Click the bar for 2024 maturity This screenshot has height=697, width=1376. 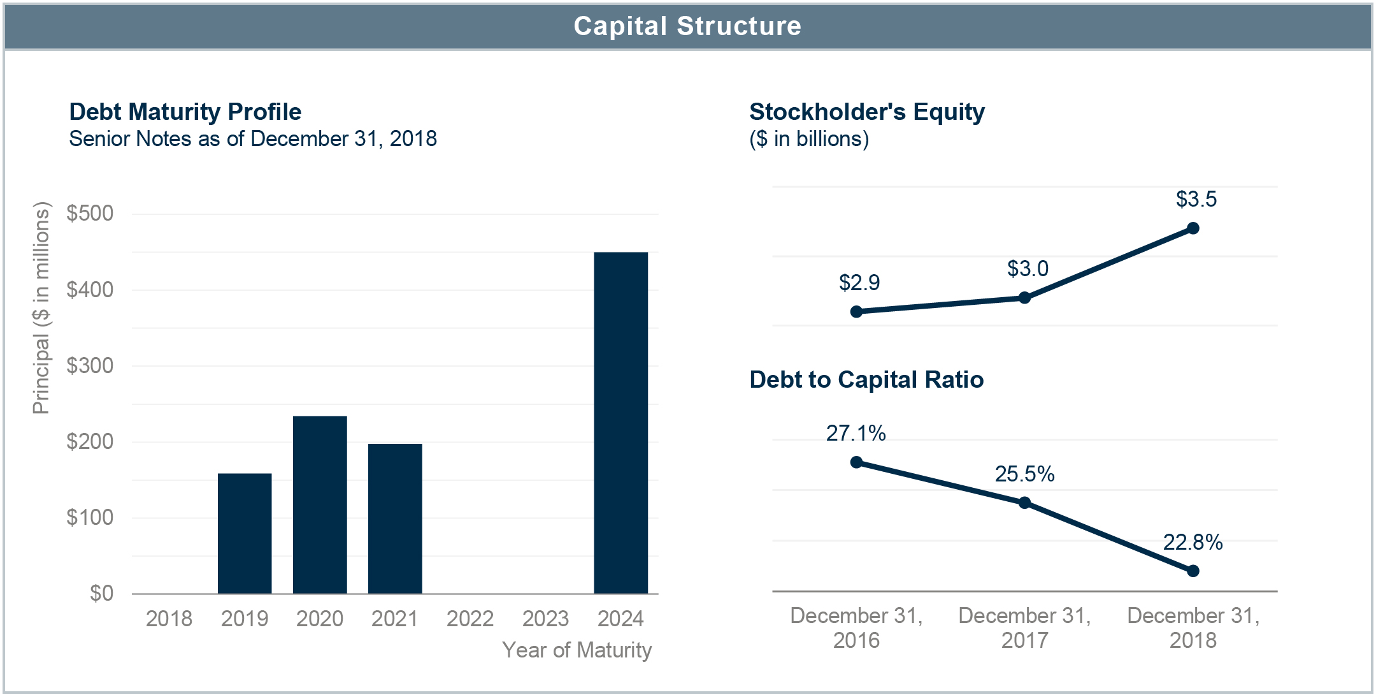(x=620, y=423)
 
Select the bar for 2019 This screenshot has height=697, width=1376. (x=245, y=533)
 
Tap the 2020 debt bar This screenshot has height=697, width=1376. (x=320, y=504)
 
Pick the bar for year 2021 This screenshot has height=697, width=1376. (x=395, y=518)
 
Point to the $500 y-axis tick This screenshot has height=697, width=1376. (x=90, y=213)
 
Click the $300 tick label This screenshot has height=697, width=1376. (x=90, y=365)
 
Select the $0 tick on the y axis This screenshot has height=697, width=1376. (x=101, y=593)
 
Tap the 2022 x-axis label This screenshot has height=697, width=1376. (x=470, y=619)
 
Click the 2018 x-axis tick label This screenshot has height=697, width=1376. (x=169, y=619)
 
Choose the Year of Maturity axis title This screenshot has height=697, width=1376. (x=577, y=650)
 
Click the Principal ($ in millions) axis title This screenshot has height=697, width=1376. (x=41, y=308)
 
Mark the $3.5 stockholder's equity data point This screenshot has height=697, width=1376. (x=1193, y=228)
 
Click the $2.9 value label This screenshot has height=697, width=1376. (x=859, y=282)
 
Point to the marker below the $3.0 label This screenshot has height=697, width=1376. (x=1024, y=298)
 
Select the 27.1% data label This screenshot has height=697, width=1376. (x=856, y=433)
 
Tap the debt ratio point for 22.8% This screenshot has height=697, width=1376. (x=1193, y=571)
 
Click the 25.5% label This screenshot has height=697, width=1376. (x=1024, y=474)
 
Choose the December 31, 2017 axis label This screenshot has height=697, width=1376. (x=1024, y=627)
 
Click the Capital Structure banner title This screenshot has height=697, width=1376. (x=687, y=26)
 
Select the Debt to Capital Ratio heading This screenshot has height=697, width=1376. (x=866, y=379)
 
